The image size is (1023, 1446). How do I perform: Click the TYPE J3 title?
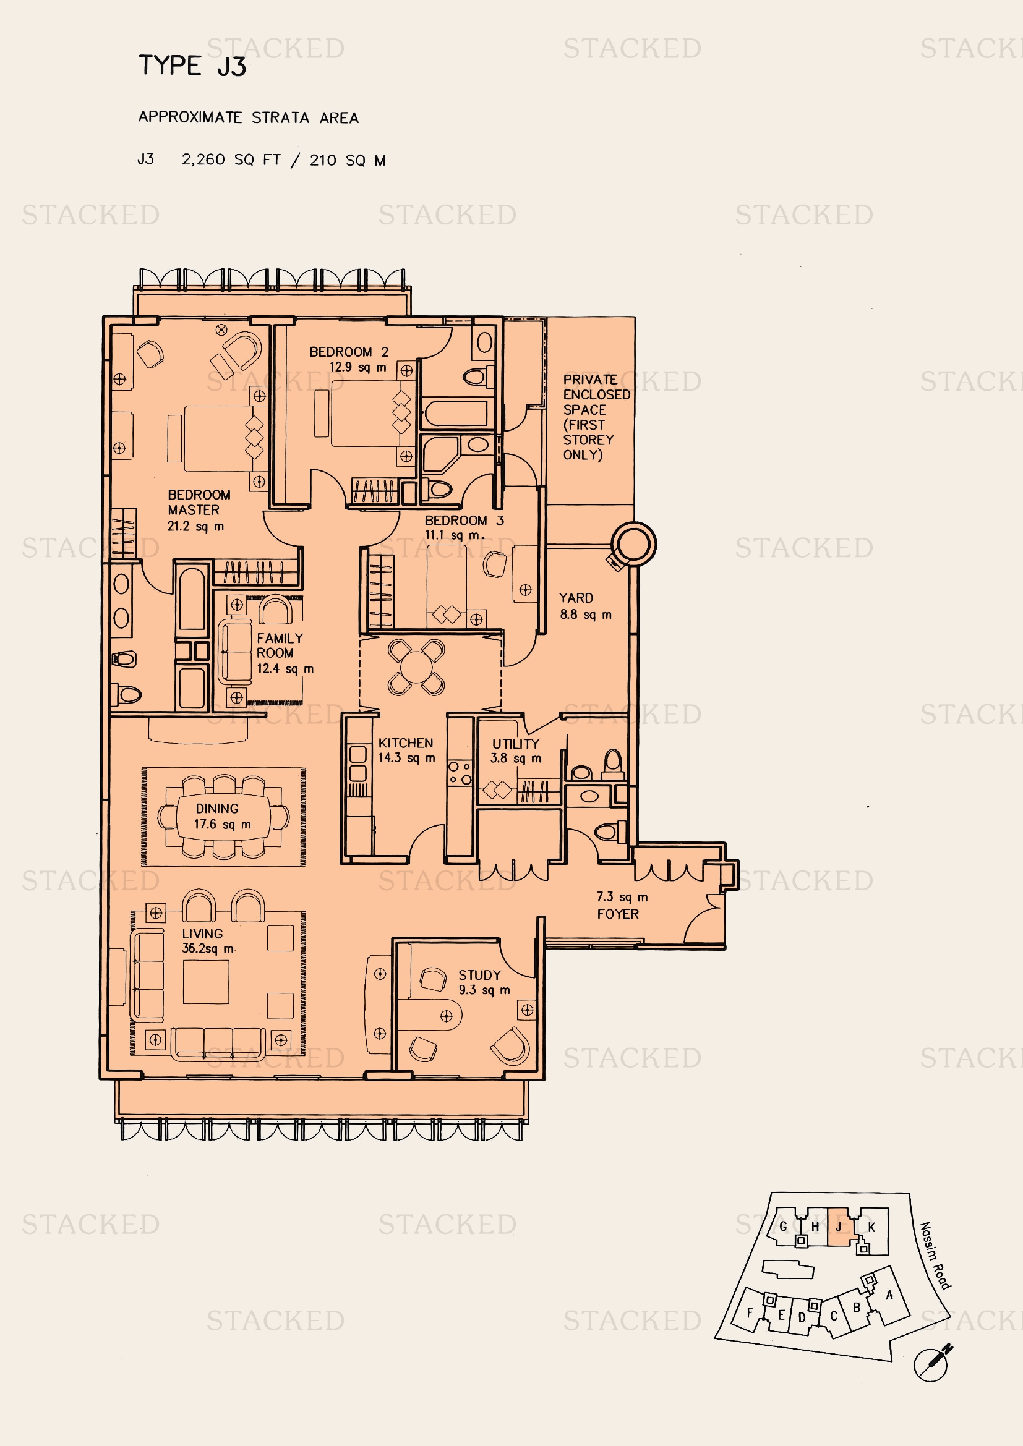(192, 66)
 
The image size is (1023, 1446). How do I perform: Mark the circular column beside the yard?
(633, 543)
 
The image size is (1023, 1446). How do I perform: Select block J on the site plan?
(839, 1227)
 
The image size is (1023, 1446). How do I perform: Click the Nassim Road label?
(935, 1256)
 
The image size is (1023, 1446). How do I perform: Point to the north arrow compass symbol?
(932, 1364)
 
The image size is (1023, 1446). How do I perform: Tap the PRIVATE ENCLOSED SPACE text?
(596, 417)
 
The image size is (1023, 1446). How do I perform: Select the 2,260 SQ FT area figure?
(231, 160)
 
